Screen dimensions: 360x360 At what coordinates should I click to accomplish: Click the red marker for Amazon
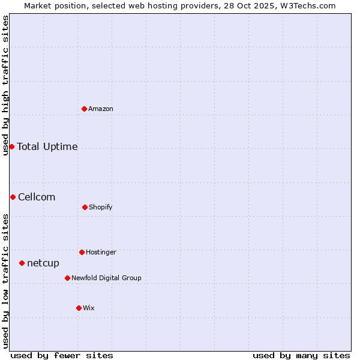84,109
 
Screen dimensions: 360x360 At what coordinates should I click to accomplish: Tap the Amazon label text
101,109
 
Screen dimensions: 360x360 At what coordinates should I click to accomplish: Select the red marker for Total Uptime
11,146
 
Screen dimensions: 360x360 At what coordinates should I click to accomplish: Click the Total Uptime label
47,147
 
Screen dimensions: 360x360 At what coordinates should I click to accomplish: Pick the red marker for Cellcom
13,197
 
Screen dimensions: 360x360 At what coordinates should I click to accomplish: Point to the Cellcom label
37,197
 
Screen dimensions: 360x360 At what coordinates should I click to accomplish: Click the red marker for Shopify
85,207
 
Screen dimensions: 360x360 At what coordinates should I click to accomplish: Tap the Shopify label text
101,208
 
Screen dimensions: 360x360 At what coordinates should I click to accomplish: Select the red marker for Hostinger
82,252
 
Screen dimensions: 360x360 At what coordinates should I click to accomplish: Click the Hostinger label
101,253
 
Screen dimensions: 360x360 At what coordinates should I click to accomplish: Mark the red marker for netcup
22,263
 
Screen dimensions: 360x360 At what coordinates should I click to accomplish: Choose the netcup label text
43,263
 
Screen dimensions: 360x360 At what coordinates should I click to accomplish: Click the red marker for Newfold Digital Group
67,278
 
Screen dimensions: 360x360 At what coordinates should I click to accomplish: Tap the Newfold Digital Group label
106,278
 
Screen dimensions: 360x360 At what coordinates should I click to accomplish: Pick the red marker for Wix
79,308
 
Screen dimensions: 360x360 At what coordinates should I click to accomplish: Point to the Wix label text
89,308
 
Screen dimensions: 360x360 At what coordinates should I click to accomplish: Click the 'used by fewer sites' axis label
62,356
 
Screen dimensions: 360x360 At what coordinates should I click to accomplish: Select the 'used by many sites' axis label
301,356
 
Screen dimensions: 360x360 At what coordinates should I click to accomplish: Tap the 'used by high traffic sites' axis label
6,85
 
